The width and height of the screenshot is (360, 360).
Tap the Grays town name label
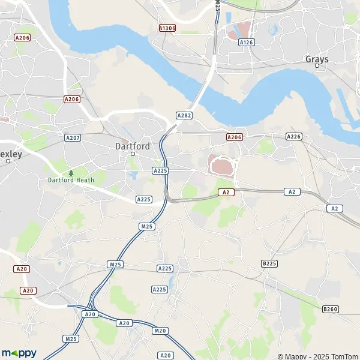(317, 59)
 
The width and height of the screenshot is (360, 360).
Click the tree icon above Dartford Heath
(71, 173)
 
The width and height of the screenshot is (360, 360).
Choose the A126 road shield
(246, 43)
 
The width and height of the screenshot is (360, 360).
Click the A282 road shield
(184, 115)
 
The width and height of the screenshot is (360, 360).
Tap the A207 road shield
(73, 137)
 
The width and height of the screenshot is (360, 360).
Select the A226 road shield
(293, 137)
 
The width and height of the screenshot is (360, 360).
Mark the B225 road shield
(269, 263)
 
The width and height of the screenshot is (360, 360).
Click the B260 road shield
(329, 309)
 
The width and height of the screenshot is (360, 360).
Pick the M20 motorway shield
(160, 331)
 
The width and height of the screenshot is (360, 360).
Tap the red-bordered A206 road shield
(234, 137)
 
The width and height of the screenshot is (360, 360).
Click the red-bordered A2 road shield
(225, 192)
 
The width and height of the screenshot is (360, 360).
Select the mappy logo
(19, 353)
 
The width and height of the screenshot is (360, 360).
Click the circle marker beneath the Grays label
(317, 65)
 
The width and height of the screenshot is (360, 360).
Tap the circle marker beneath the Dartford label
(133, 153)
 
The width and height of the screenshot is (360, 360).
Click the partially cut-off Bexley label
(10, 154)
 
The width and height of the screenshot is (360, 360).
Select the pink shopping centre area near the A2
(220, 164)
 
